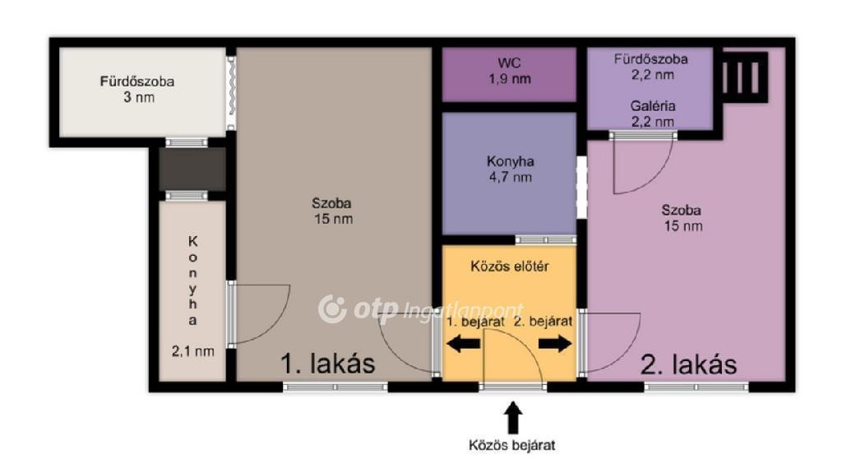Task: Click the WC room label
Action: [509, 63]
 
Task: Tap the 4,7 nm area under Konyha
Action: [510, 177]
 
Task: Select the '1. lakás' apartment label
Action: [327, 364]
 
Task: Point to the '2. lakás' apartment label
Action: [689, 364]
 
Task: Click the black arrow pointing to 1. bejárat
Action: [464, 344]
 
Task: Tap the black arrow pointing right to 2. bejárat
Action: [555, 343]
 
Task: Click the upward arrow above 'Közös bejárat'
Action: [513, 418]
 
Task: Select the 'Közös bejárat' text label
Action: [511, 445]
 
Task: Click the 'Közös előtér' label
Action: [510, 267]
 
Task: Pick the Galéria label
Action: [652, 106]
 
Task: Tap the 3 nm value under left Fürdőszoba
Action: [138, 97]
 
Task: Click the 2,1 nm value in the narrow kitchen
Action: [192, 351]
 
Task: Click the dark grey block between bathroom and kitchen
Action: [192, 169]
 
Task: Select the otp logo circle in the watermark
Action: [331, 309]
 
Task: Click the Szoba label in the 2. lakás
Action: [681, 210]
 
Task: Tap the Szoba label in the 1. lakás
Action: [331, 203]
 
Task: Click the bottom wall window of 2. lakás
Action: [696, 387]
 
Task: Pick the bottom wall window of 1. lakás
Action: [335, 387]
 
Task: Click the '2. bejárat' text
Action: [543, 322]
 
